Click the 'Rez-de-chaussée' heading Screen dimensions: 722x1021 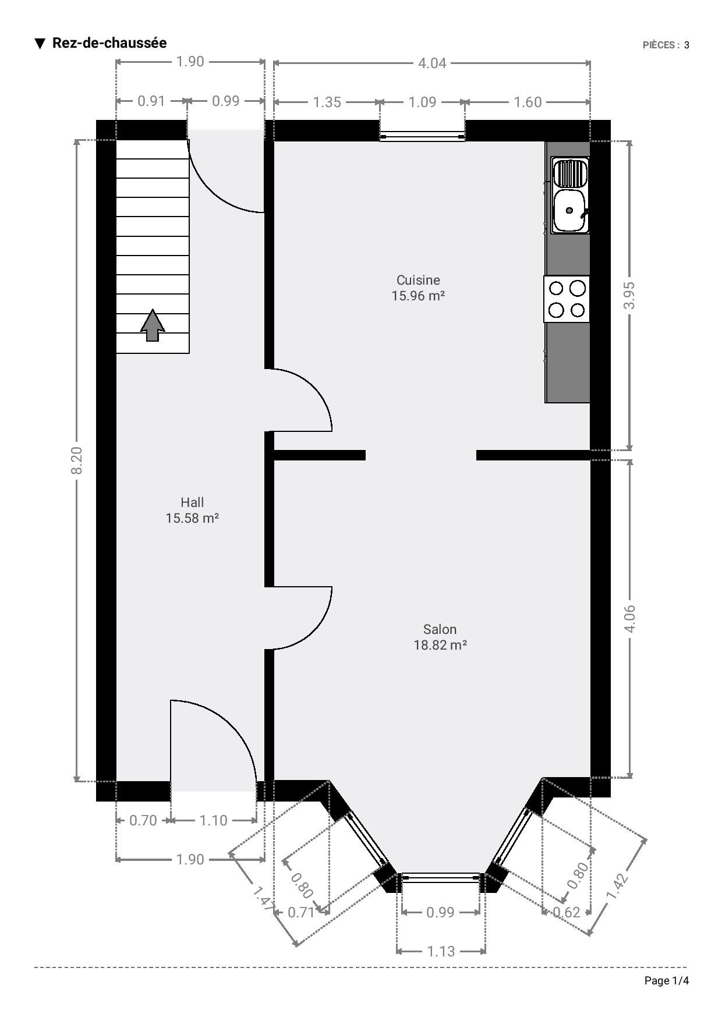click(x=109, y=43)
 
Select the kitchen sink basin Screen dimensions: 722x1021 click(x=570, y=210)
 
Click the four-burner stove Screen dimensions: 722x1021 click(x=567, y=299)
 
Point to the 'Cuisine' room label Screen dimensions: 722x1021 click(x=418, y=280)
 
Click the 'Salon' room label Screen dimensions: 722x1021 click(x=440, y=629)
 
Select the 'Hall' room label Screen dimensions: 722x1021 click(x=192, y=502)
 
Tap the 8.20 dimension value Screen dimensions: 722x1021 click(x=77, y=460)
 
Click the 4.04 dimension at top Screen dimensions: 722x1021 click(x=432, y=63)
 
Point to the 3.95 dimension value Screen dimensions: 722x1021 click(x=629, y=295)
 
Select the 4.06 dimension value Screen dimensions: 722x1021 click(x=629, y=619)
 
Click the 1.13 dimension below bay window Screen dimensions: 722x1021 click(x=441, y=951)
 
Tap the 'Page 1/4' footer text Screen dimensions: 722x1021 click(x=667, y=981)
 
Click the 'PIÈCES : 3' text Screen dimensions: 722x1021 click(x=666, y=45)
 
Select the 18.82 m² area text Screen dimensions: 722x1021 click(x=440, y=645)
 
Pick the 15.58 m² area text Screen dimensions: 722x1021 click(x=192, y=518)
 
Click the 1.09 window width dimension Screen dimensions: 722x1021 click(x=422, y=102)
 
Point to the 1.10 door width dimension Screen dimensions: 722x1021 click(x=213, y=820)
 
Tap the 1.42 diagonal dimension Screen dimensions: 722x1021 click(x=619, y=887)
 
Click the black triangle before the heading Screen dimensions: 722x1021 click(x=40, y=44)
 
